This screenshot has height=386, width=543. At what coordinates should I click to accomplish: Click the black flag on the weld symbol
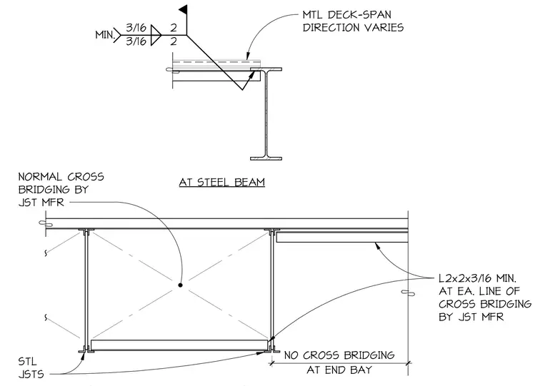tap(184, 9)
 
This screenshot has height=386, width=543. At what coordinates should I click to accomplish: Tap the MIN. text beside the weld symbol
tap(105, 35)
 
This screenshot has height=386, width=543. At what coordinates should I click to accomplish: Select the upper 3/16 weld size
tap(136, 27)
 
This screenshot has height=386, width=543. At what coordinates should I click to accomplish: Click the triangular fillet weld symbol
tap(156, 35)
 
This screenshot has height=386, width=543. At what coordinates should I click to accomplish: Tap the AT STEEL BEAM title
tap(222, 182)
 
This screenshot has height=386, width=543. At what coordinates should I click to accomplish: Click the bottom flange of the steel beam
tap(266, 159)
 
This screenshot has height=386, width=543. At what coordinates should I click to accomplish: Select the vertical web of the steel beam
tap(266, 113)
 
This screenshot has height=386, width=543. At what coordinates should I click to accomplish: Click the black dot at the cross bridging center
tap(180, 285)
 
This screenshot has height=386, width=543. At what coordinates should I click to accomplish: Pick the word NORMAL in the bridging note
tap(40, 177)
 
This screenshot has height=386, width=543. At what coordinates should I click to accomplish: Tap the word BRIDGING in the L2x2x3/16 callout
tap(508, 304)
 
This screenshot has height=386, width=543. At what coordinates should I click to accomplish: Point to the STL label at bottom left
tap(27, 362)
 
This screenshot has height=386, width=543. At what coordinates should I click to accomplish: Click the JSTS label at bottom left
tap(31, 375)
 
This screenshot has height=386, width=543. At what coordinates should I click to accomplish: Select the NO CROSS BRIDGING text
tap(339, 355)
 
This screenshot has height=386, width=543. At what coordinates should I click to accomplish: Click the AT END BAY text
tap(339, 370)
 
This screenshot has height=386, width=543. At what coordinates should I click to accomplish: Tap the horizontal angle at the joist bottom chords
tap(179, 345)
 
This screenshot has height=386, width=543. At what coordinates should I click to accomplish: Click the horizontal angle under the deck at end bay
tap(342, 237)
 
